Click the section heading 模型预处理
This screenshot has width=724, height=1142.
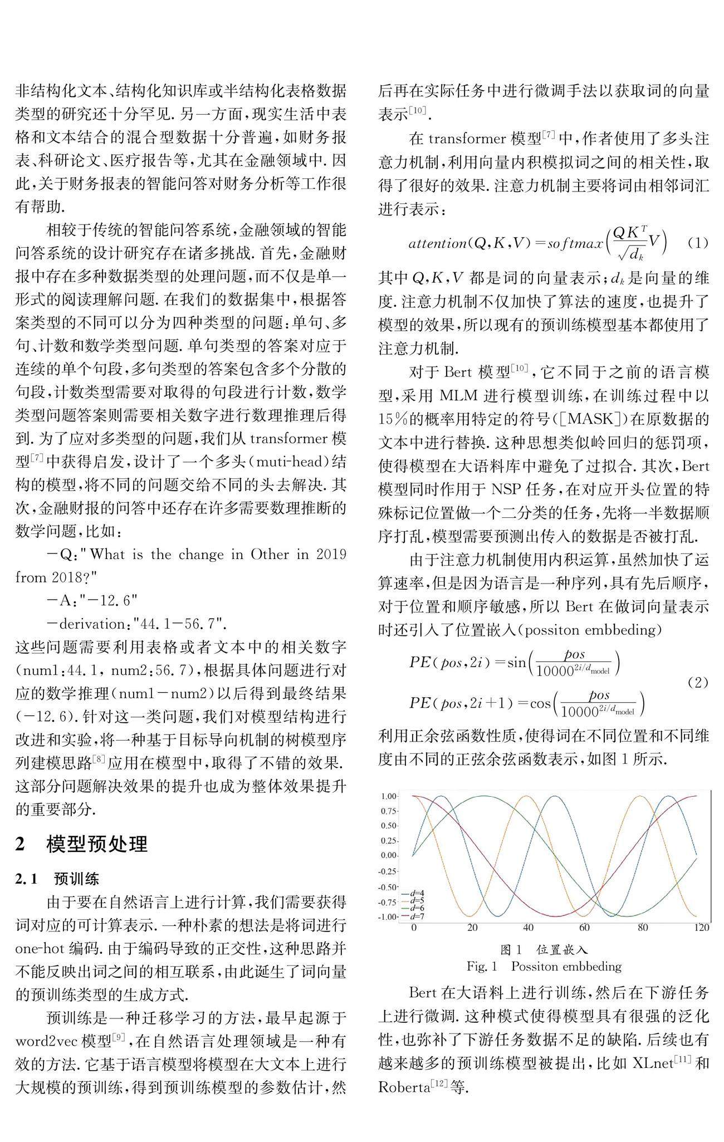[x=97, y=845]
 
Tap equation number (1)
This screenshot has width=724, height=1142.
[x=697, y=243]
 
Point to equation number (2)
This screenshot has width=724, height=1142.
[x=697, y=682]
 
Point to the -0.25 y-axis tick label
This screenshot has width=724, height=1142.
[x=388, y=871]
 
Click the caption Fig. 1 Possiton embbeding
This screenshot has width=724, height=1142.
[x=544, y=966]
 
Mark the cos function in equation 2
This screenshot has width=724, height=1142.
[x=540, y=703]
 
